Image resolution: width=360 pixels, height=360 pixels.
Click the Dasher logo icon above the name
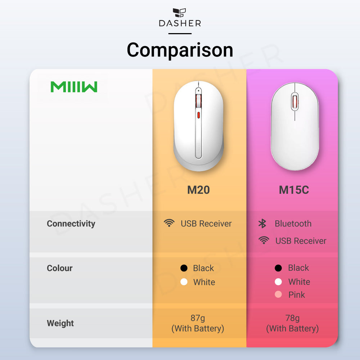coord(180,12)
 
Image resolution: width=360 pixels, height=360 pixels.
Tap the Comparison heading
coord(180,50)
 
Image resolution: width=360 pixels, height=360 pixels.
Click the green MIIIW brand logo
coord(74,87)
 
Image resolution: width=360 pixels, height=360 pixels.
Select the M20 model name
coord(198,190)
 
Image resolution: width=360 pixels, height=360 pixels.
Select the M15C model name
coord(294,190)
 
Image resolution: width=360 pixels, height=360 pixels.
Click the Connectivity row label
coord(71,224)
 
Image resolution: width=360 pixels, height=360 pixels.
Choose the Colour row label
coord(60,268)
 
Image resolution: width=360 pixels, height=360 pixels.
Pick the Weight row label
coord(60,323)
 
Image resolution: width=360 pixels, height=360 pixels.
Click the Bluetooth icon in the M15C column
coord(262,224)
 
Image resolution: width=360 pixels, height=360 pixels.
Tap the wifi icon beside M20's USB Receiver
coord(169,223)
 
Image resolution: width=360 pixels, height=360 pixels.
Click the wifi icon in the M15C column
coord(264,240)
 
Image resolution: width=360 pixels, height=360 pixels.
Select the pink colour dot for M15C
coord(278,294)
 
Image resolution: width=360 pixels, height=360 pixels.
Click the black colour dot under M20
coord(184,268)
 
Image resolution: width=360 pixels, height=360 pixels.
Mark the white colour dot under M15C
coord(278,282)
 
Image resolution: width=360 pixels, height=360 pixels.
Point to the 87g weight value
coord(198,318)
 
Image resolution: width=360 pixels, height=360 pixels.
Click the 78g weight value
coord(292,318)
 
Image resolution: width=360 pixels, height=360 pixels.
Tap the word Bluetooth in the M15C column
coord(293,224)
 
